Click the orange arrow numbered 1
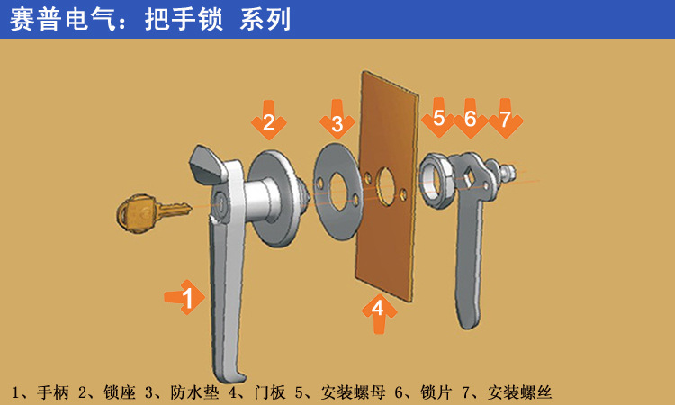coord(185,297)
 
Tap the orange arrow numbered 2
coord(268,121)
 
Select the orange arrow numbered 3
coord(337,120)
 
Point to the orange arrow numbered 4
coord(379,311)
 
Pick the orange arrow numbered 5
coord(438,118)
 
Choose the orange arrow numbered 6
coord(470,119)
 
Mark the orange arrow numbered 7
coord(506,119)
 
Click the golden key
coord(150,213)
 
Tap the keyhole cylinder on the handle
coord(220,202)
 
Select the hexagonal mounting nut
coord(436,180)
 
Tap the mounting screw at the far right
coord(507,172)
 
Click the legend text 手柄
coord(52,392)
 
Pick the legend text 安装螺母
coord(353,392)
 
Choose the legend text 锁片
coord(436,392)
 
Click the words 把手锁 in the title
coord(184,20)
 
